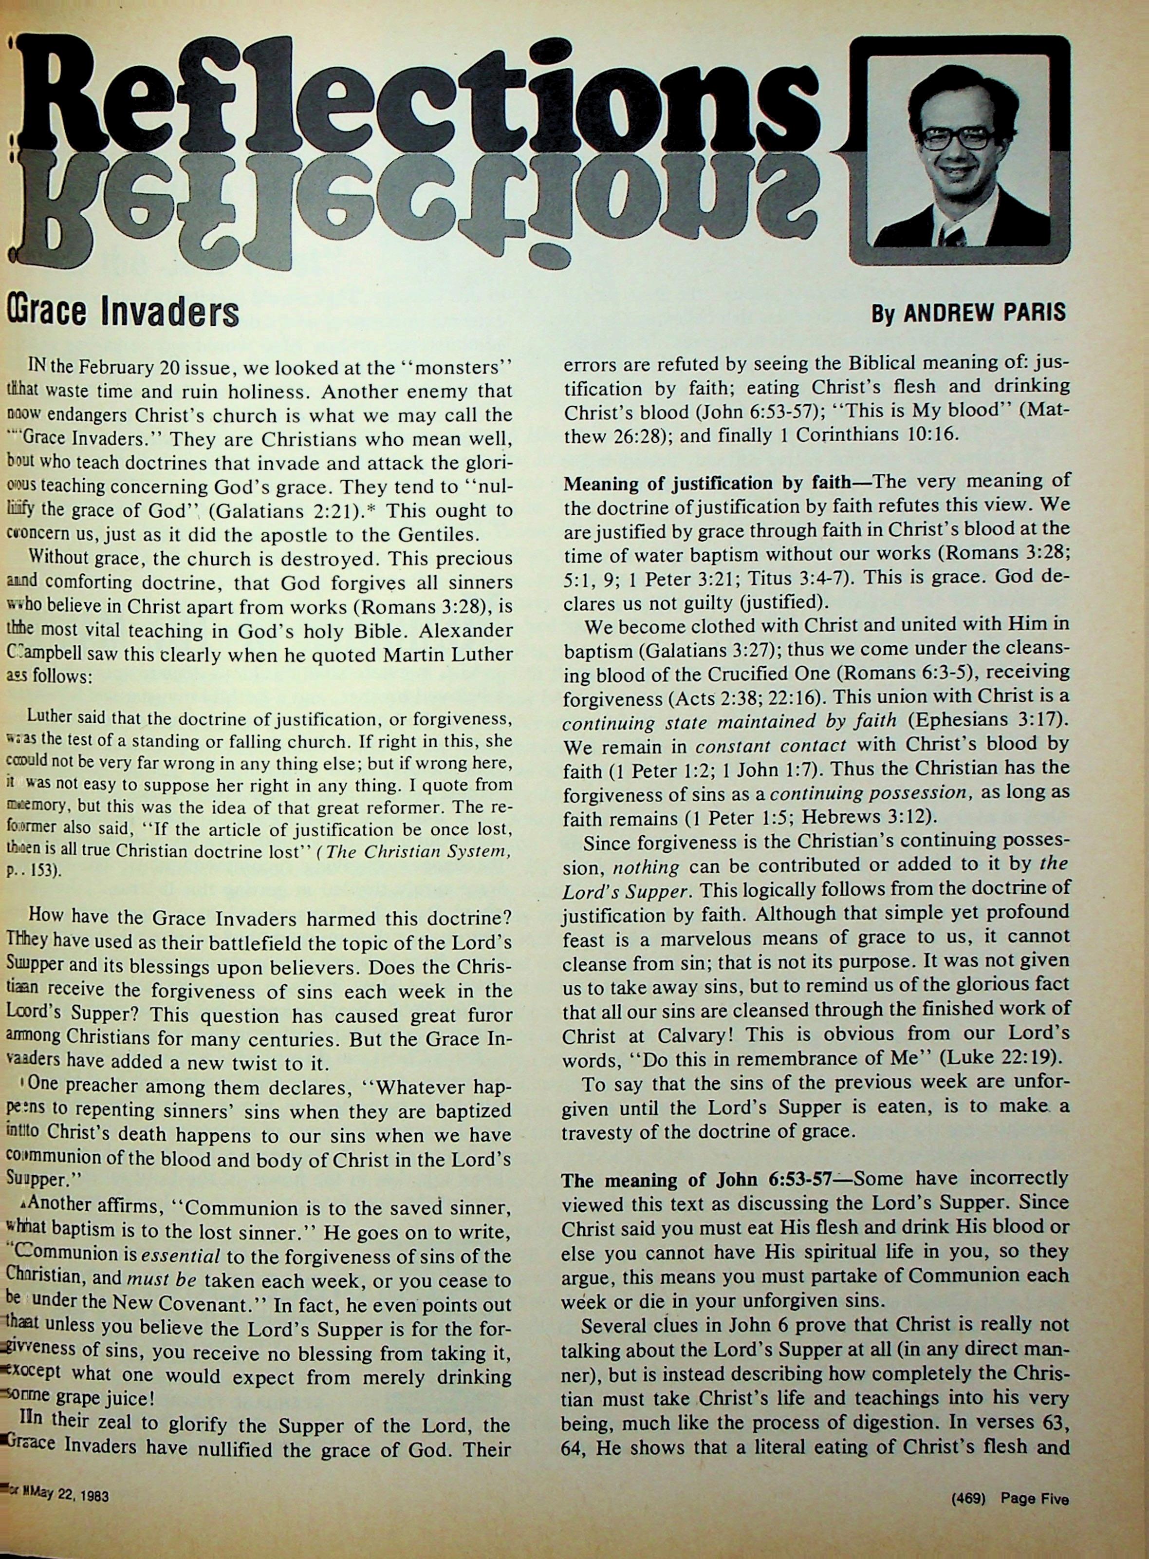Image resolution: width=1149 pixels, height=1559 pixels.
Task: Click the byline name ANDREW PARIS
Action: (983, 312)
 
